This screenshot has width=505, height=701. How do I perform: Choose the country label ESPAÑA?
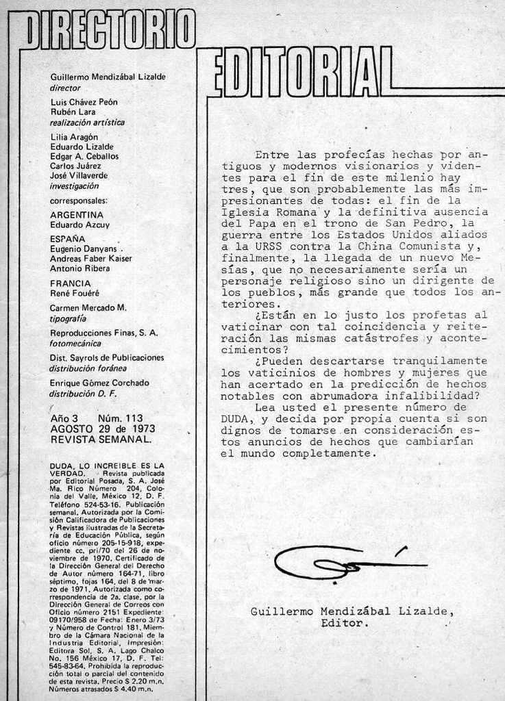[68, 239]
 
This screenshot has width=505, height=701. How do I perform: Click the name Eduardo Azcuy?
[80, 225]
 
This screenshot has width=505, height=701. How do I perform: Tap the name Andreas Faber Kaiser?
[91, 259]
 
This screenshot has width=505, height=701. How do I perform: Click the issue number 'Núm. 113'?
[120, 418]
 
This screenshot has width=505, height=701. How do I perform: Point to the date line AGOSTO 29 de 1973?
[103, 429]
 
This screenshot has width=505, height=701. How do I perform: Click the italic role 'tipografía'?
[69, 318]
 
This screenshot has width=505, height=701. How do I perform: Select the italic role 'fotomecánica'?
[75, 343]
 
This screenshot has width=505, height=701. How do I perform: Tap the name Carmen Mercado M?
[88, 308]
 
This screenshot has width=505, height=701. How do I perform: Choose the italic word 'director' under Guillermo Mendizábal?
[66, 88]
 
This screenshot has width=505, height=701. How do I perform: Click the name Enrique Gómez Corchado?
[99, 383]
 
